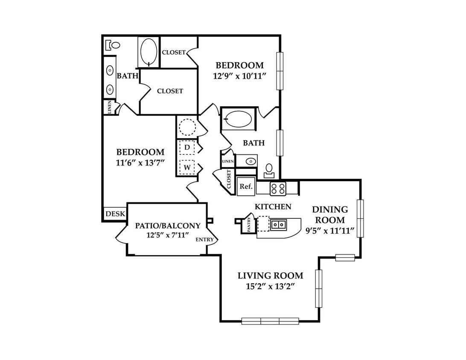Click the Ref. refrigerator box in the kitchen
tap(246, 186)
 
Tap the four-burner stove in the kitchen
tap(277, 188)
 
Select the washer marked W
tap(187, 167)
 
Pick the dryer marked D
tap(187, 147)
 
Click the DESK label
tap(115, 214)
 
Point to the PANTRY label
tap(249, 224)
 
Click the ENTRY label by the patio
tap(204, 239)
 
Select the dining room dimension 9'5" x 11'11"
tap(330, 231)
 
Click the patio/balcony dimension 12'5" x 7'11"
tap(168, 235)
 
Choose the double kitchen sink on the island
tap(278, 224)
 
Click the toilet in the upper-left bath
tap(113, 45)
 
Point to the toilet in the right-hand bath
tap(269, 171)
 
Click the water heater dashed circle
tap(187, 127)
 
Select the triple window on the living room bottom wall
tap(270, 321)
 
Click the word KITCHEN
tap(273, 206)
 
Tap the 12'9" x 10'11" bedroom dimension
tap(239, 76)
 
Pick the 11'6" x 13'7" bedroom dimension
tap(140, 163)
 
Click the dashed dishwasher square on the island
tap(263, 224)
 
